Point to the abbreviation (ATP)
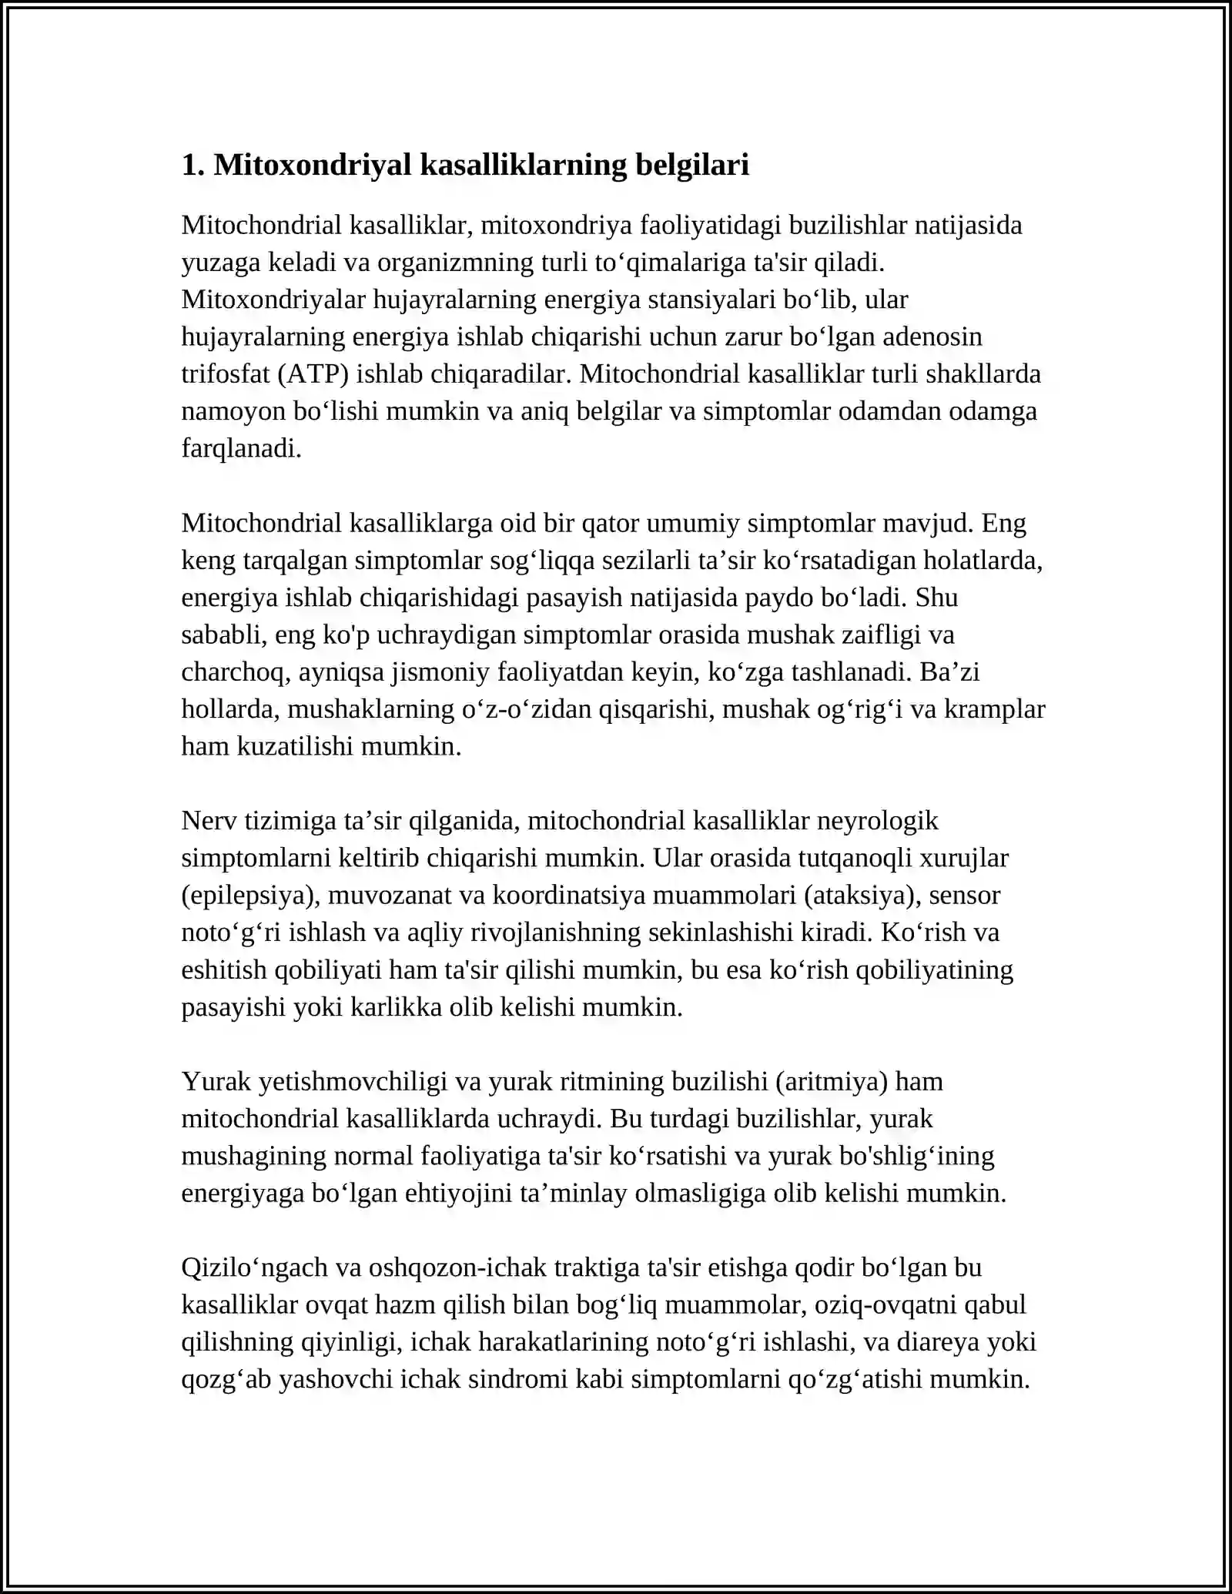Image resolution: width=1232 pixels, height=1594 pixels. pyautogui.click(x=307, y=373)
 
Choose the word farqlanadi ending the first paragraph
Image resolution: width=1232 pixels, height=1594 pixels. pyautogui.click(x=241, y=448)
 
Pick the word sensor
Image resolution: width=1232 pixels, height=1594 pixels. pyautogui.click(x=965, y=895)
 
